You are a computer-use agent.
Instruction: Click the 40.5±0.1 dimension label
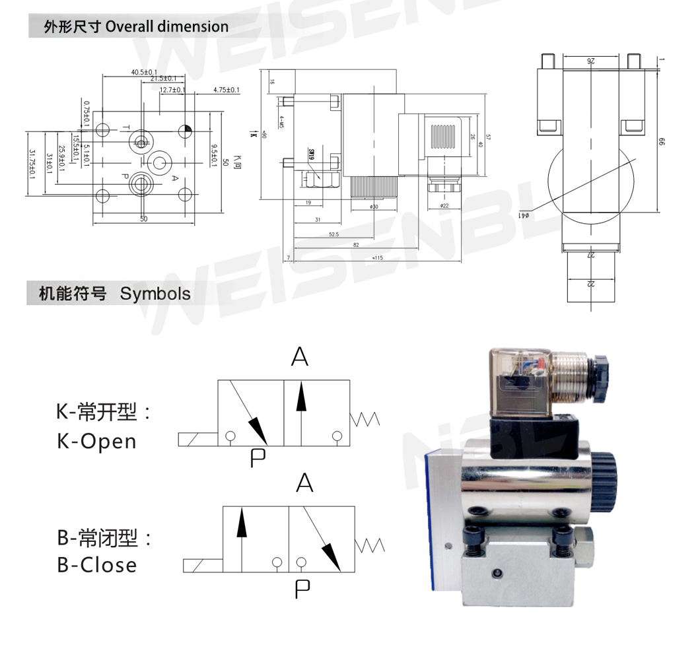(x=144, y=72)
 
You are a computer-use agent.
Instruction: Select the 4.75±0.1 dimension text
(x=227, y=90)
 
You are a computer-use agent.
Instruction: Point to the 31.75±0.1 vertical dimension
(x=32, y=164)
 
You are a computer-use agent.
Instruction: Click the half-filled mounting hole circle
(x=186, y=129)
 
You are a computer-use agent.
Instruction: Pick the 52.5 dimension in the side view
(x=333, y=234)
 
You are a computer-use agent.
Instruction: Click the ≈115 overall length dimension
(x=378, y=258)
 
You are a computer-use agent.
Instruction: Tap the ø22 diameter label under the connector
(x=444, y=207)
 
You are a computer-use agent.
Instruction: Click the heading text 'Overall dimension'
(x=167, y=27)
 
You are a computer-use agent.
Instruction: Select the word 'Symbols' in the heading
(x=155, y=294)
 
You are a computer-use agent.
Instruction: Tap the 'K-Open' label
(x=96, y=441)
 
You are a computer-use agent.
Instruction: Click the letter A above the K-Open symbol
(x=299, y=357)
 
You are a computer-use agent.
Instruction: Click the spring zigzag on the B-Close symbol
(x=370, y=545)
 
